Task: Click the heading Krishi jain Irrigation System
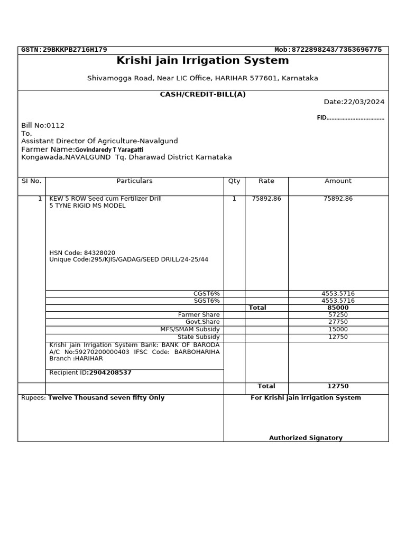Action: pos(202,61)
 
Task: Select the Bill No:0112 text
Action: pos(43,125)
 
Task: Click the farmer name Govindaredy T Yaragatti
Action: pos(109,150)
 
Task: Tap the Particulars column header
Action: pos(134,181)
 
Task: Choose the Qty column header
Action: pos(234,181)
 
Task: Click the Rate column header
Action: pos(266,181)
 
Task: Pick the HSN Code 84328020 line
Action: pos(82,253)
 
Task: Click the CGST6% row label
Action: pos(207,294)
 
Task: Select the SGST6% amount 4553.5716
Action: pos(338,301)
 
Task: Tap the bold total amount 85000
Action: pos(338,307)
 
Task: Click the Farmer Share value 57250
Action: pos(338,315)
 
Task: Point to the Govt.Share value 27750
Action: pos(338,322)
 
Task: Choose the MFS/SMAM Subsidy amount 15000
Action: pos(338,329)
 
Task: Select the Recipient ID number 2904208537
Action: pos(110,372)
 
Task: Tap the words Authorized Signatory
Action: pos(306,438)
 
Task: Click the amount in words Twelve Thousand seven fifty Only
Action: pos(106,398)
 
